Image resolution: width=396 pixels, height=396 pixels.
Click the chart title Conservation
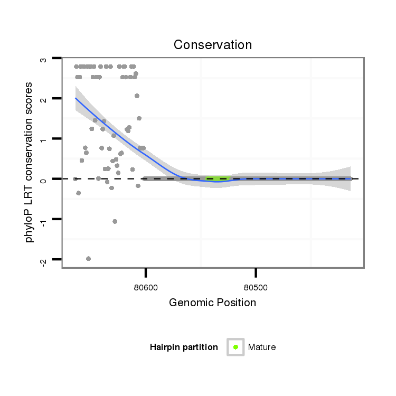(x=213, y=45)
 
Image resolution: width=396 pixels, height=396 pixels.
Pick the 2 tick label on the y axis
(x=44, y=99)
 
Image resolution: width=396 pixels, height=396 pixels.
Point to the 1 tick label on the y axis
(x=44, y=139)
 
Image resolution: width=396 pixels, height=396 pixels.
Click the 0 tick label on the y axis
(x=44, y=180)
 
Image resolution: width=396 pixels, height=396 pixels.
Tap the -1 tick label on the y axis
(x=44, y=220)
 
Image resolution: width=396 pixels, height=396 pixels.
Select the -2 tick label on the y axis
(x=44, y=260)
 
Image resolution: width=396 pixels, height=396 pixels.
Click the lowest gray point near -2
(x=88, y=258)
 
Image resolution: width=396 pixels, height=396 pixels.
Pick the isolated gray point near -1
(x=115, y=221)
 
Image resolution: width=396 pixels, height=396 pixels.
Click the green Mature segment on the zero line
(x=216, y=179)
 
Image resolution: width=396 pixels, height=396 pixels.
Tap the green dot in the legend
(x=235, y=347)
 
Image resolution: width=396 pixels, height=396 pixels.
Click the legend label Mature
(x=262, y=347)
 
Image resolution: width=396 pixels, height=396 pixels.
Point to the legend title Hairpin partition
(x=184, y=347)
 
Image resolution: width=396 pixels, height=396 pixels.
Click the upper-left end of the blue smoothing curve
(x=76, y=98)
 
